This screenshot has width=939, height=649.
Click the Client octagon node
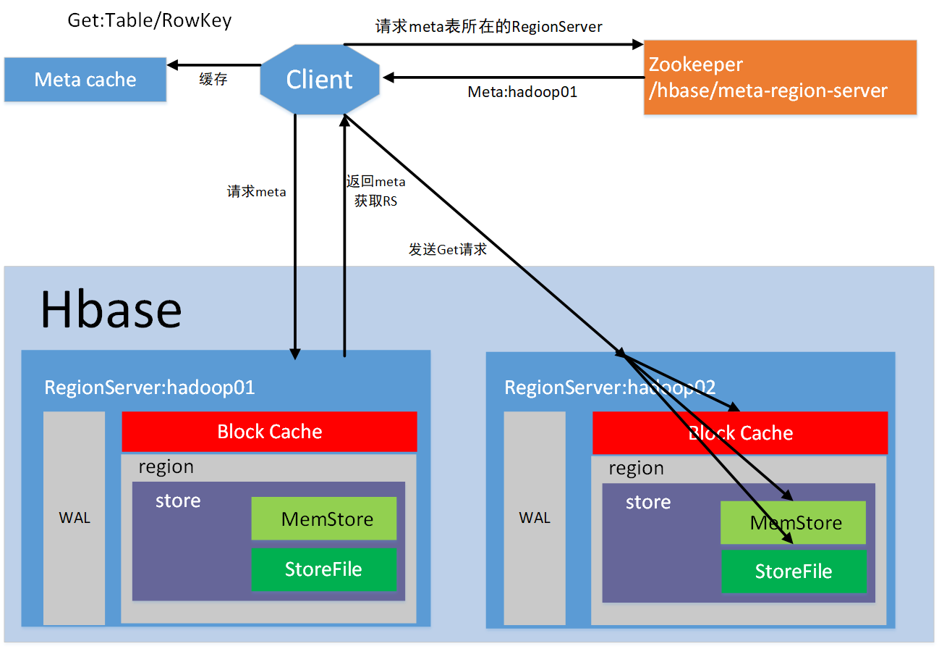(320, 80)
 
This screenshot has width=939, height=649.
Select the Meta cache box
(85, 80)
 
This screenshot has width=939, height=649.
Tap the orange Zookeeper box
(780, 78)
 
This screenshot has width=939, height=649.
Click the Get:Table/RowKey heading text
(150, 20)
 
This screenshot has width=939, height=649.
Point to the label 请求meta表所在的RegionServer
(489, 27)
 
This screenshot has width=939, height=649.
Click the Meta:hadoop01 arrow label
(522, 92)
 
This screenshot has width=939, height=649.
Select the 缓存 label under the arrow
(213, 79)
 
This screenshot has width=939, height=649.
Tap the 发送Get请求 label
(448, 249)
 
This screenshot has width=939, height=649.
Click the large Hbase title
(111, 310)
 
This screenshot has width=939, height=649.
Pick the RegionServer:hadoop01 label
(150, 388)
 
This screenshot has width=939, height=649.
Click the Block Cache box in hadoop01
(269, 432)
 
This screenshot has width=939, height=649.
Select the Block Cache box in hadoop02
(740, 433)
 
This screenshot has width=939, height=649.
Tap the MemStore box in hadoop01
(324, 519)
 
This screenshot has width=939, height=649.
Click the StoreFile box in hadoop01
(324, 569)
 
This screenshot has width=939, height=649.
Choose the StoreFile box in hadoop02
(794, 571)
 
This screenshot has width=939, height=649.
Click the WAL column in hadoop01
(75, 518)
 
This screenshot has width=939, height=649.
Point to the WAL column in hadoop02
(535, 518)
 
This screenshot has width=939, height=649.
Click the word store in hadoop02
(648, 502)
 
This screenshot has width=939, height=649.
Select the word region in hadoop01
(166, 467)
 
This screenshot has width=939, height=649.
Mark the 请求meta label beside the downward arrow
(257, 191)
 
